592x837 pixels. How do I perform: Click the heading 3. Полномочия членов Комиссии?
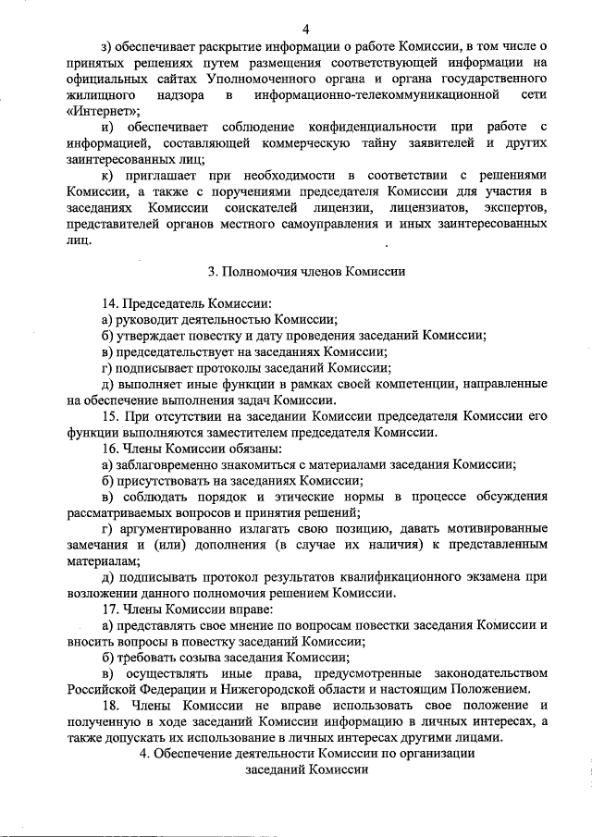point(305,272)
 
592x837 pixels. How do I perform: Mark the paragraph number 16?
point(109,449)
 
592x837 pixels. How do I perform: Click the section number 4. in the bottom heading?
point(143,754)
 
